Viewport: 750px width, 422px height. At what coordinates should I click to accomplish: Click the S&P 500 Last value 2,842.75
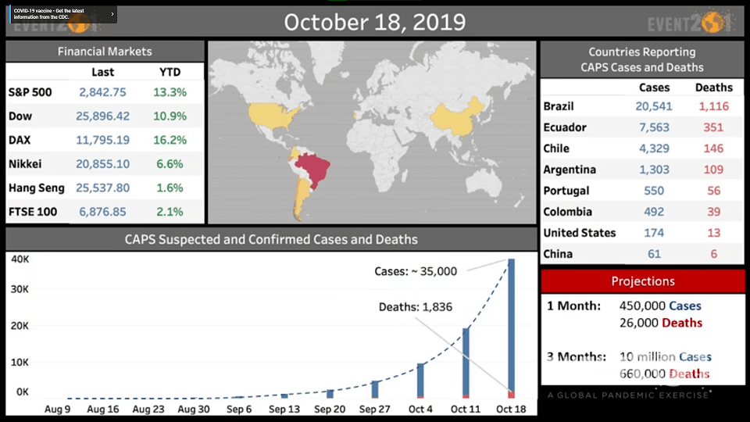(x=102, y=92)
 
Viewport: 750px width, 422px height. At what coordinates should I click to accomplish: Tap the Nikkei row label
(x=25, y=164)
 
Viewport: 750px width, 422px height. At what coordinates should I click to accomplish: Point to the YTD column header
(x=170, y=72)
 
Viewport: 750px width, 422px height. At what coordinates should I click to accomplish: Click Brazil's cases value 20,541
(x=654, y=106)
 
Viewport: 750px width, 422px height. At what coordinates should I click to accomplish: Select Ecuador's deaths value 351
(x=712, y=127)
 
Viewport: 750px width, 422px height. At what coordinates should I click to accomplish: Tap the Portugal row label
(x=566, y=191)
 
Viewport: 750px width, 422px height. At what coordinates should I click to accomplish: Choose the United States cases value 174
(x=654, y=233)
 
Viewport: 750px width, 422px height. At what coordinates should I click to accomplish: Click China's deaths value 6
(x=713, y=254)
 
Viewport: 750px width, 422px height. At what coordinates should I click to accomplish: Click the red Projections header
(x=643, y=281)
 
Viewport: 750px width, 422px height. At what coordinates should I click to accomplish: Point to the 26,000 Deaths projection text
(x=661, y=323)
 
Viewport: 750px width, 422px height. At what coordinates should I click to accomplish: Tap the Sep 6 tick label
(x=239, y=409)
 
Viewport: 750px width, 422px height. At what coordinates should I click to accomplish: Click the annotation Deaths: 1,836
(x=415, y=307)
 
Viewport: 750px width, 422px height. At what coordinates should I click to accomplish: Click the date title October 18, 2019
(x=374, y=22)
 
